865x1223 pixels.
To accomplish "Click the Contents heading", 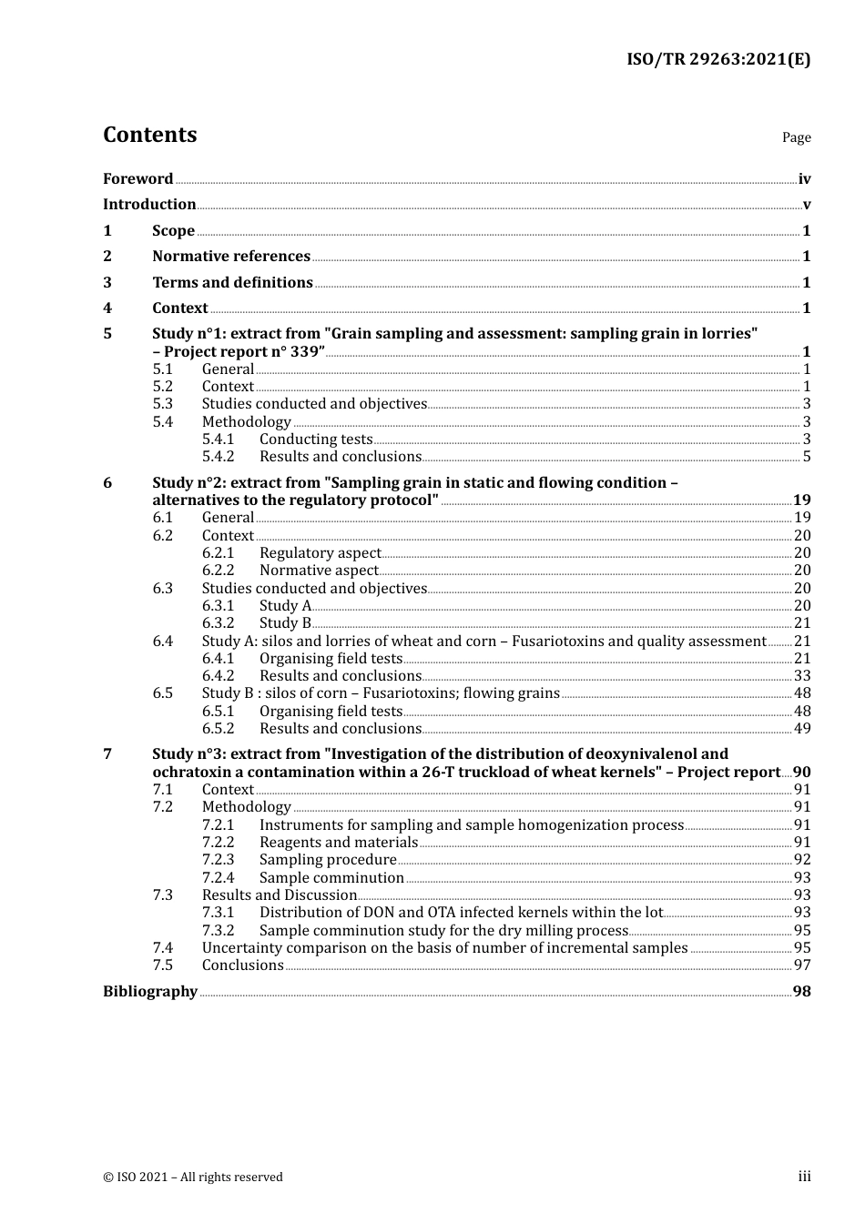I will (x=149, y=135).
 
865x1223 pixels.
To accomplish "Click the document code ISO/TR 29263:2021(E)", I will (x=717, y=60).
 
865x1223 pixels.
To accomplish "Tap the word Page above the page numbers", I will (x=796, y=137).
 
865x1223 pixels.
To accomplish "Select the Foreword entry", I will (x=137, y=179).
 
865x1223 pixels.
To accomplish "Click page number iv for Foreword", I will (x=804, y=179).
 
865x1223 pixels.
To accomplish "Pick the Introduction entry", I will (x=149, y=205).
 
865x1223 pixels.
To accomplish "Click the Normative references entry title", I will (x=231, y=257).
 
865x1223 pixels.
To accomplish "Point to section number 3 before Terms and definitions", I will (x=107, y=283).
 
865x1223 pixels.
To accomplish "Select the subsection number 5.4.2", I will (x=218, y=457).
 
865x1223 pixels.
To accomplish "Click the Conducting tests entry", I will (x=316, y=440).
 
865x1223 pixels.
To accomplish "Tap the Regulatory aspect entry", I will (x=320, y=553).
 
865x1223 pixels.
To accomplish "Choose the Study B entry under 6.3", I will (x=285, y=623).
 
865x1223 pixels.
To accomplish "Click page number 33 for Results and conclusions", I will (x=802, y=676).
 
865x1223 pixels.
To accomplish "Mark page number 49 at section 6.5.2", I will (x=802, y=729).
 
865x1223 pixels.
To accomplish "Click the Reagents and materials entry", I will (x=338, y=843).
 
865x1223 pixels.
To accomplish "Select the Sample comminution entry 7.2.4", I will (x=331, y=878).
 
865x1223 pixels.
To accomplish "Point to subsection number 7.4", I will (x=163, y=948).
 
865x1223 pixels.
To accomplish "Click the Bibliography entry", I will (x=150, y=992).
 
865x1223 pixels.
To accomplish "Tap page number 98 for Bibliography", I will (x=802, y=992).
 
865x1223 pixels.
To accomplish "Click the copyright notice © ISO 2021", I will (x=193, y=1178).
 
